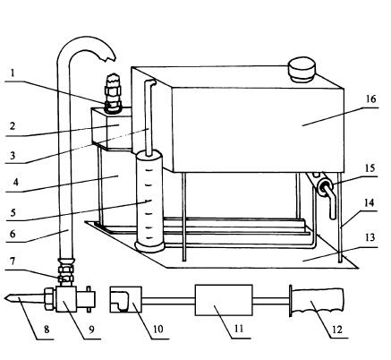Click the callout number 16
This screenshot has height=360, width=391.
pos(370,99)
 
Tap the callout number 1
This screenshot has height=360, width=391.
pos(13,73)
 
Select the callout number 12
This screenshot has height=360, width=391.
pos(336,330)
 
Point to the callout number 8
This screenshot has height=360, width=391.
pos(47,330)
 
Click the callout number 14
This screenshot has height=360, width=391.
pos(369,203)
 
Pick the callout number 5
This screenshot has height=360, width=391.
pos(13,212)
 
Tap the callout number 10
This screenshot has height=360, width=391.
pos(158,329)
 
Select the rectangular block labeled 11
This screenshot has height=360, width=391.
pos(224,300)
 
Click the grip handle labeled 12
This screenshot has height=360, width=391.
pos(317,301)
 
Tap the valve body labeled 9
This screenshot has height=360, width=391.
pos(66,299)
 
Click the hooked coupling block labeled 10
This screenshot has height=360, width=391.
pos(125,299)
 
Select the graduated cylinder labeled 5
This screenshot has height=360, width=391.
pos(149,201)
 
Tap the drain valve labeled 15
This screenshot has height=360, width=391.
pos(326,191)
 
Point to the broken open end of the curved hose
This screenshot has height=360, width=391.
pos(107,56)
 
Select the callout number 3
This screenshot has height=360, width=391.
pos(13,155)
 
